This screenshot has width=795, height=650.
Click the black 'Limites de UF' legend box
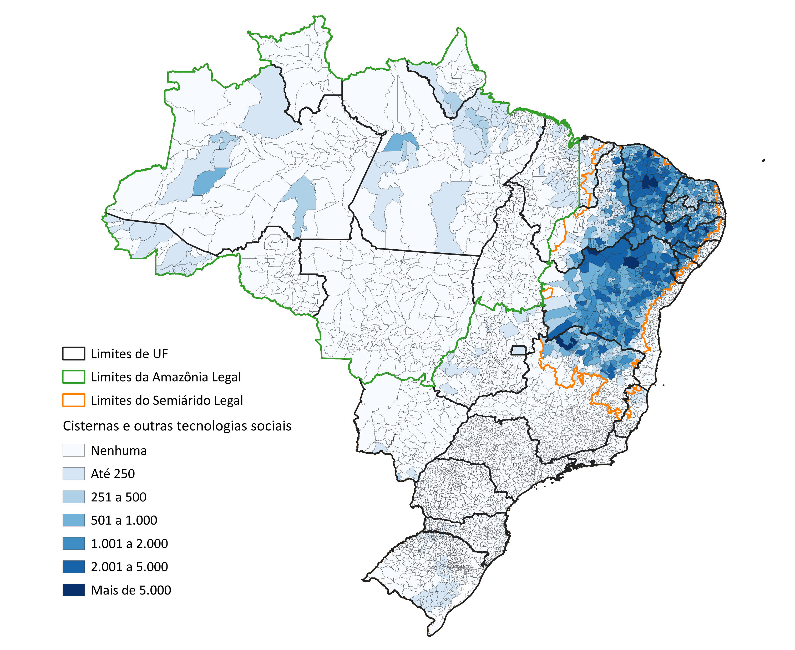click(x=73, y=353)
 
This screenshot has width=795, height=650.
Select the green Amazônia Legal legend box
click(x=73, y=377)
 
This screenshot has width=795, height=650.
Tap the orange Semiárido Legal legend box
click(x=73, y=400)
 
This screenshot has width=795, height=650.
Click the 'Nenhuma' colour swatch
click(x=73, y=450)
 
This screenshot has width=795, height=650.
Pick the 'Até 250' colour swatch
click(x=73, y=473)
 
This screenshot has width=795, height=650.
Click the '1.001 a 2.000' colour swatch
click(x=73, y=543)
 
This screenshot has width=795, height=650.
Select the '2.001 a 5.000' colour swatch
click(x=73, y=566)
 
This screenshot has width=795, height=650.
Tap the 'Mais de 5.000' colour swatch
click(x=73, y=590)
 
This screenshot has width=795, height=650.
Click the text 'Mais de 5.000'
click(x=131, y=590)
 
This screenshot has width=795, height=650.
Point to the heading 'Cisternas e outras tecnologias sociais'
click(x=177, y=426)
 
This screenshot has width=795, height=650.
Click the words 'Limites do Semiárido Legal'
click(x=167, y=400)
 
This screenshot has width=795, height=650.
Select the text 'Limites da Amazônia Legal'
click(x=165, y=377)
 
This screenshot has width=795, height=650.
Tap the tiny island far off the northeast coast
click(x=763, y=161)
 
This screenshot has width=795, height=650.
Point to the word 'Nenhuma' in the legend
click(x=119, y=450)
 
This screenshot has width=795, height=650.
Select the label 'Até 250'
click(x=113, y=474)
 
